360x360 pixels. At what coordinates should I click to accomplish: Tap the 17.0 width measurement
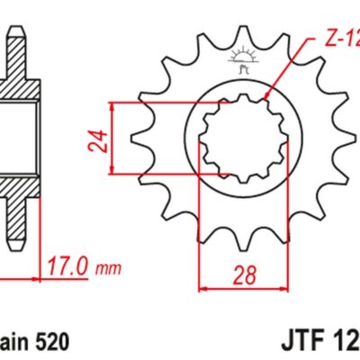69,266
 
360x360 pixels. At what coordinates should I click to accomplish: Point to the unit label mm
109,268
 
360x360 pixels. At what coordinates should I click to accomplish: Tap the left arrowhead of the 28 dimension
202,289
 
